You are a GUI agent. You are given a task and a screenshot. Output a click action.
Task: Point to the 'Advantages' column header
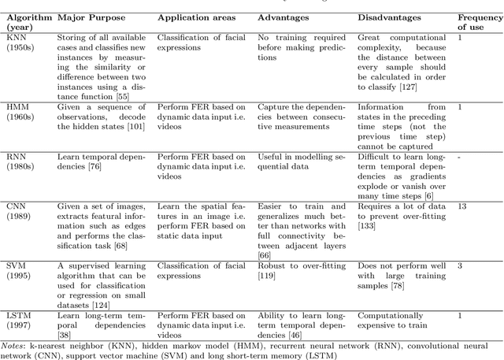pos(286,17)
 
